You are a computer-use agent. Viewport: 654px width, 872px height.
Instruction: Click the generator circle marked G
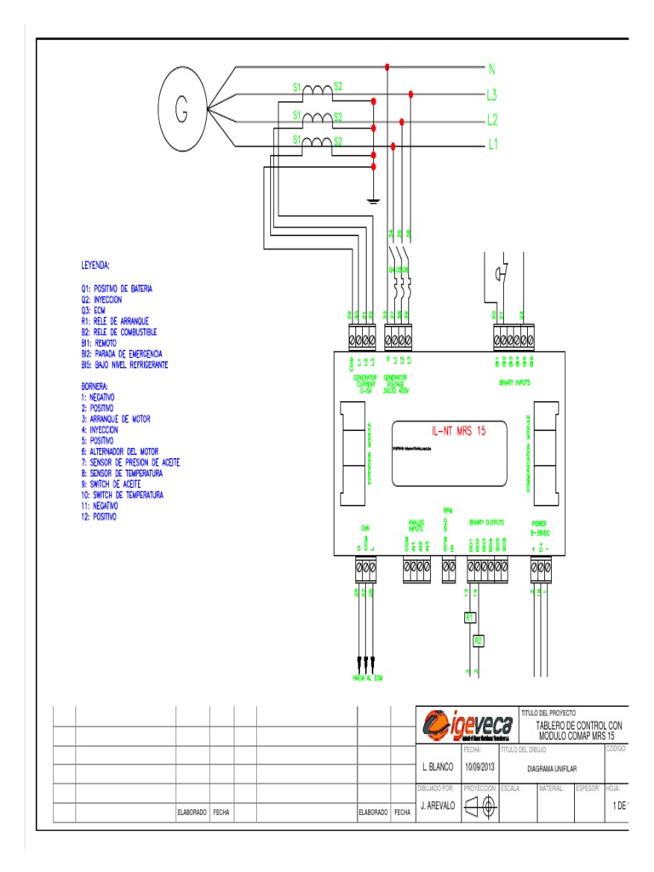point(181,109)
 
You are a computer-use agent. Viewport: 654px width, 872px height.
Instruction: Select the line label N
point(491,67)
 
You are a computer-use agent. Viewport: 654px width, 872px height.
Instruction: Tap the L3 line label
point(492,94)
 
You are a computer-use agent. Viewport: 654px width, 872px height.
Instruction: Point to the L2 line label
point(492,120)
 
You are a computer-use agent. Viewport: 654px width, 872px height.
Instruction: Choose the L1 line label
point(492,146)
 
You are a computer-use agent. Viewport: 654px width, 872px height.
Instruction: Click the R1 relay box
point(468,616)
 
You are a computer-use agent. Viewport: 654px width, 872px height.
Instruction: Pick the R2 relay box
point(479,640)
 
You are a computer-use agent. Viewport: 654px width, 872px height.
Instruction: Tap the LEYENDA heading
point(96,265)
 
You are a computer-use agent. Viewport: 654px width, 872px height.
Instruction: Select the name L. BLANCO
point(438,768)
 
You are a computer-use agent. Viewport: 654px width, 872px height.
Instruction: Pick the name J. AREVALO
point(439,805)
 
